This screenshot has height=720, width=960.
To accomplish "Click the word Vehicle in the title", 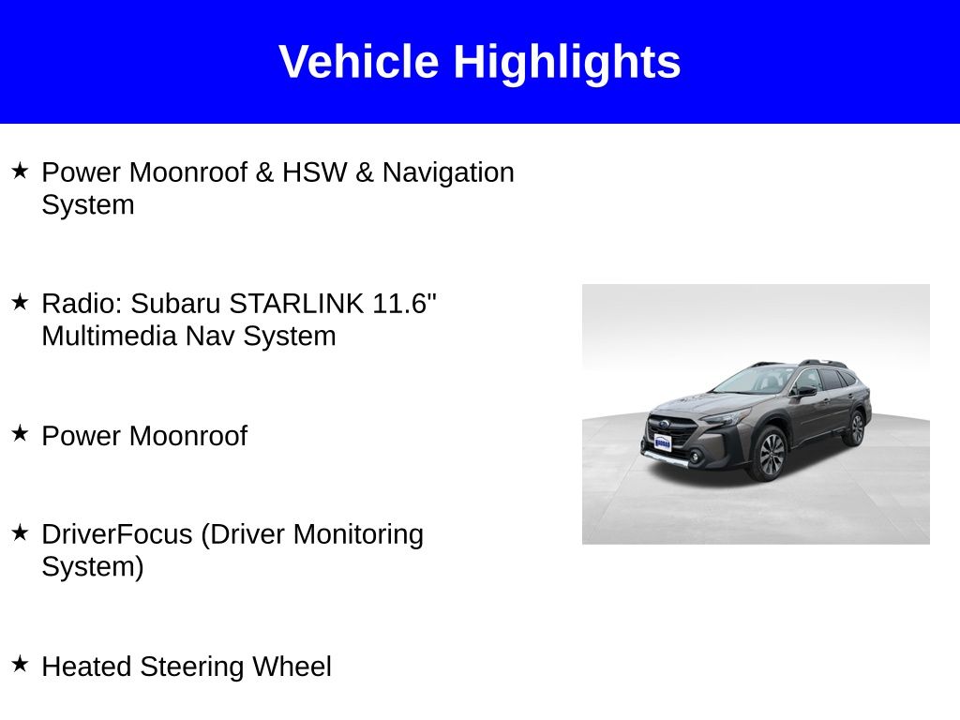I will pyautogui.click(x=358, y=62).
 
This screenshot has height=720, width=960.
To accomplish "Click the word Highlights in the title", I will pyautogui.click(x=566, y=62).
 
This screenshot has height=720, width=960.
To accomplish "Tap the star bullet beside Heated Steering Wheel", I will pyautogui.click(x=20, y=665).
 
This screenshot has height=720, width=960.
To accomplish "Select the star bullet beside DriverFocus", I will pyautogui.click(x=20, y=532).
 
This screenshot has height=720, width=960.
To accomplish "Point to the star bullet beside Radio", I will pyautogui.click(x=20, y=302).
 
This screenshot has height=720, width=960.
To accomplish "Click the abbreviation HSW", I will pyautogui.click(x=314, y=172).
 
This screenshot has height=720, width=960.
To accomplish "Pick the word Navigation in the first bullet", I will pyautogui.click(x=448, y=172).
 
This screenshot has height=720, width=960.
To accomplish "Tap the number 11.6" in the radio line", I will pyautogui.click(x=405, y=304).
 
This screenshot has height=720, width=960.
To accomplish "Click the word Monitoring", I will pyautogui.click(x=358, y=534).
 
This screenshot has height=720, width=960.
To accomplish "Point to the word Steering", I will pyautogui.click(x=193, y=667).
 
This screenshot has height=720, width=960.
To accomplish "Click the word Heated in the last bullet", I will pyautogui.click(x=87, y=667).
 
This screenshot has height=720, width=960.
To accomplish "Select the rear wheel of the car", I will pyautogui.click(x=854, y=427).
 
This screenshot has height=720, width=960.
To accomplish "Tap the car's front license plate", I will pyautogui.click(x=663, y=442).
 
